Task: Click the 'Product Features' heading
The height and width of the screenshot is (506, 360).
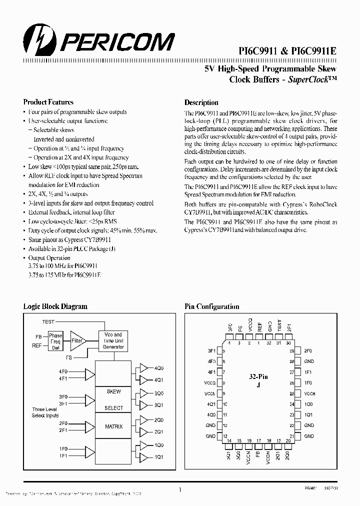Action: pos(48,102)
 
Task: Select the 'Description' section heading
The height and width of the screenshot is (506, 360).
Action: pos(201,102)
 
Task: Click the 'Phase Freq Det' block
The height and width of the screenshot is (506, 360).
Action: pos(55,341)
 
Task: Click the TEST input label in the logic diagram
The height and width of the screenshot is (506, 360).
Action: pos(48,321)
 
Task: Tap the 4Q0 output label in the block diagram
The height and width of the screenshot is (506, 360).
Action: pos(158,368)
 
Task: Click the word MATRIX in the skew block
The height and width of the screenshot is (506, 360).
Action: pos(113,426)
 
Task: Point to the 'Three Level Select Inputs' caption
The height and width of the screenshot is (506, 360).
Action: pos(44,412)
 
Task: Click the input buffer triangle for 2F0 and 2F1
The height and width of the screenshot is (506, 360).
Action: pos(90,426)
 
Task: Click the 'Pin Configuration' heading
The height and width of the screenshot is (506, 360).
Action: pos(211,306)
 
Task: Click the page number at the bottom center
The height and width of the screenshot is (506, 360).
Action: pos(179,489)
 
